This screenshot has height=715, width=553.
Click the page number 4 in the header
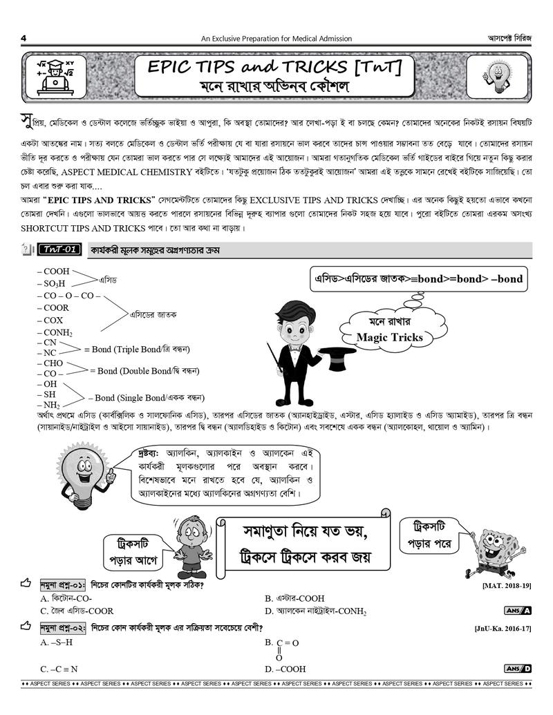tap(24, 38)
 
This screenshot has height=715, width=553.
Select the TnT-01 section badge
tap(62, 249)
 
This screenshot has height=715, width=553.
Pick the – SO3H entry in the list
tap(55, 284)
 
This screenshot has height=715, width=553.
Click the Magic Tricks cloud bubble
tap(388, 330)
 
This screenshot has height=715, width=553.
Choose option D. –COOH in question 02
tap(285, 669)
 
